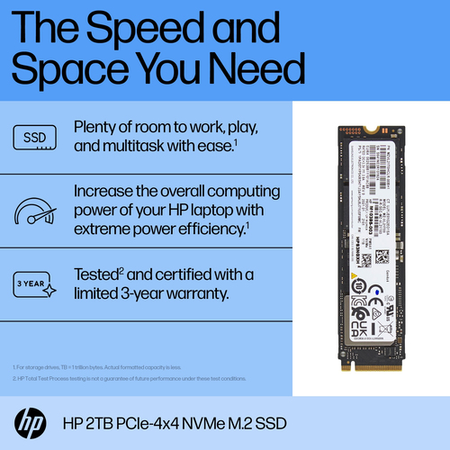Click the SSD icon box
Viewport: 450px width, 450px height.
[x=32, y=138]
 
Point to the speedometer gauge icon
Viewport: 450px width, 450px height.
[x=32, y=213]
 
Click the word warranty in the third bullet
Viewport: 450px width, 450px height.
[x=192, y=293]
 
